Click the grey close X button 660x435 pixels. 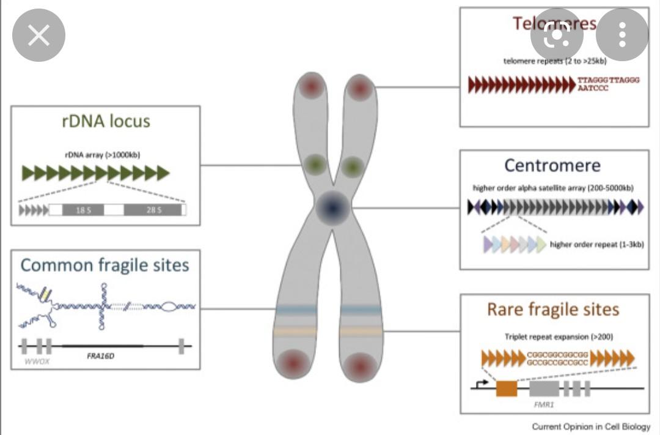point(38,35)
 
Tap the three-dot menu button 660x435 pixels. point(621,35)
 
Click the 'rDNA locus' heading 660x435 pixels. point(106,121)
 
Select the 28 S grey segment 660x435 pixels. point(153,210)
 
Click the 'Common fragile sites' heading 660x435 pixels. point(105,265)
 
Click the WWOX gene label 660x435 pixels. point(35,361)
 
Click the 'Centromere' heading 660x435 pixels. point(552,165)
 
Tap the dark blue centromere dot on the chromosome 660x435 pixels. point(333,208)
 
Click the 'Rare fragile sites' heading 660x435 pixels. point(552,310)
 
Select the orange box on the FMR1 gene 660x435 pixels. point(506,389)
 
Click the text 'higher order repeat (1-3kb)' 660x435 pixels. point(596,245)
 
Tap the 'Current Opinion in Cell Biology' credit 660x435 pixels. point(591,426)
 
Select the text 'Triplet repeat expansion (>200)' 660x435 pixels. point(559,336)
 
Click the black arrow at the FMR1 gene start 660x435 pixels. point(482,383)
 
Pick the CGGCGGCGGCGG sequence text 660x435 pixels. point(558,354)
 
